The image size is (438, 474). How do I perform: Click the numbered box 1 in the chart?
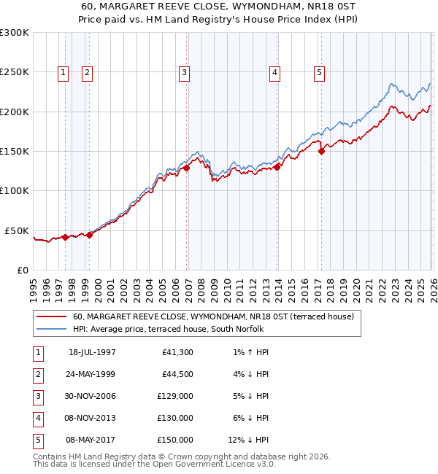click(64, 72)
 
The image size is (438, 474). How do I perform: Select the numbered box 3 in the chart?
click(184, 72)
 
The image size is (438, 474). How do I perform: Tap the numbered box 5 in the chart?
click(319, 72)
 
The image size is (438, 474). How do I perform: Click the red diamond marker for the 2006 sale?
click(186, 168)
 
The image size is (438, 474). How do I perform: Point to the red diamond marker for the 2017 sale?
click(321, 152)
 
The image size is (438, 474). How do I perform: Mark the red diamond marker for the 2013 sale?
click(277, 167)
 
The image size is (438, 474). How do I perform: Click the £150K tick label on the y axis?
click(15, 151)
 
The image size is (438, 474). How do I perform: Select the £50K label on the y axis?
click(18, 230)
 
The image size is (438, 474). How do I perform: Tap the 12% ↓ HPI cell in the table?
click(248, 440)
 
